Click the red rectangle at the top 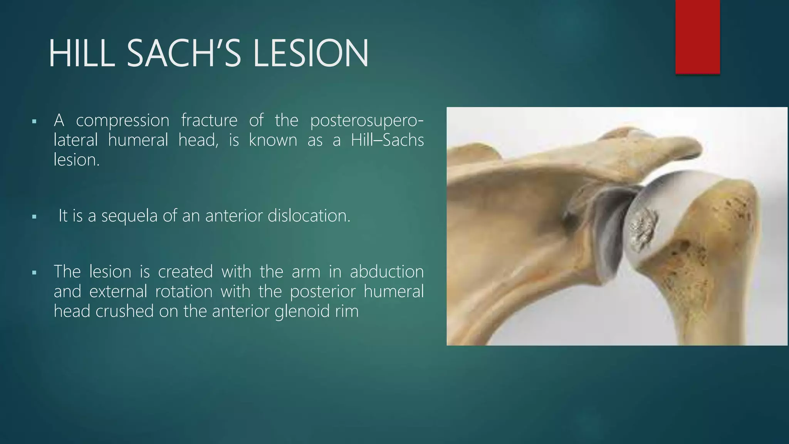[697, 37]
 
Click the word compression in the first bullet [123, 121]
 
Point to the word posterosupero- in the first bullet [366, 121]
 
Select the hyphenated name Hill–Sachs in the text [387, 140]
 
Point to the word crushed [125, 311]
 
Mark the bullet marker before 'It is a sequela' [34, 217]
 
